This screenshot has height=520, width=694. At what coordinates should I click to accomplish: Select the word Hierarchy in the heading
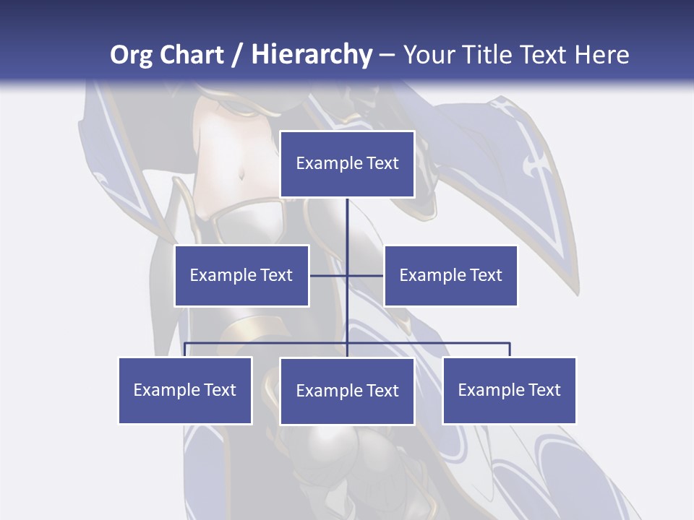pyautogui.click(x=312, y=55)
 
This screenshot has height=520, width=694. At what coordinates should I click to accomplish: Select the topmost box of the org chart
pyautogui.click(x=347, y=164)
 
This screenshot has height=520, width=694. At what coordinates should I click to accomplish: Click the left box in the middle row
pyautogui.click(x=241, y=275)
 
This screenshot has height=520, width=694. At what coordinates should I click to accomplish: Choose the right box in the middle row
pyautogui.click(x=450, y=275)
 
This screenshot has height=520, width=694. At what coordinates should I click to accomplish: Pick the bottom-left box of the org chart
pyautogui.click(x=185, y=390)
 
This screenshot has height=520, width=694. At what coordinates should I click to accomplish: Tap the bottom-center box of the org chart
pyautogui.click(x=347, y=391)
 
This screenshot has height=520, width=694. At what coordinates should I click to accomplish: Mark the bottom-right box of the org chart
pyautogui.click(x=509, y=390)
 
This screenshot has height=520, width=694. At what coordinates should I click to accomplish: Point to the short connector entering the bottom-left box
pyautogui.click(x=185, y=350)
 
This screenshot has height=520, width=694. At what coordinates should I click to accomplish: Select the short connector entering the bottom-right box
pyautogui.click(x=510, y=350)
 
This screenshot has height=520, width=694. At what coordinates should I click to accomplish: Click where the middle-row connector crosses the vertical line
pyautogui.click(x=347, y=275)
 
